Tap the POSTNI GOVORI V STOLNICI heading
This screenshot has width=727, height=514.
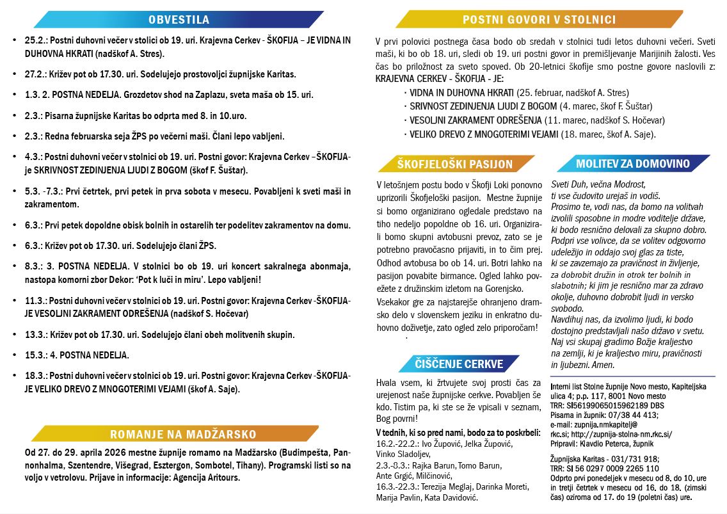coord(539,20)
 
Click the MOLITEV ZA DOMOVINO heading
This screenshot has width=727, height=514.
coord(632,164)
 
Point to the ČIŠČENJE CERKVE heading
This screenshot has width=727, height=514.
coord(459,364)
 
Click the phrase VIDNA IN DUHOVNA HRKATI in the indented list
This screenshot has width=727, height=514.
coord(460,92)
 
